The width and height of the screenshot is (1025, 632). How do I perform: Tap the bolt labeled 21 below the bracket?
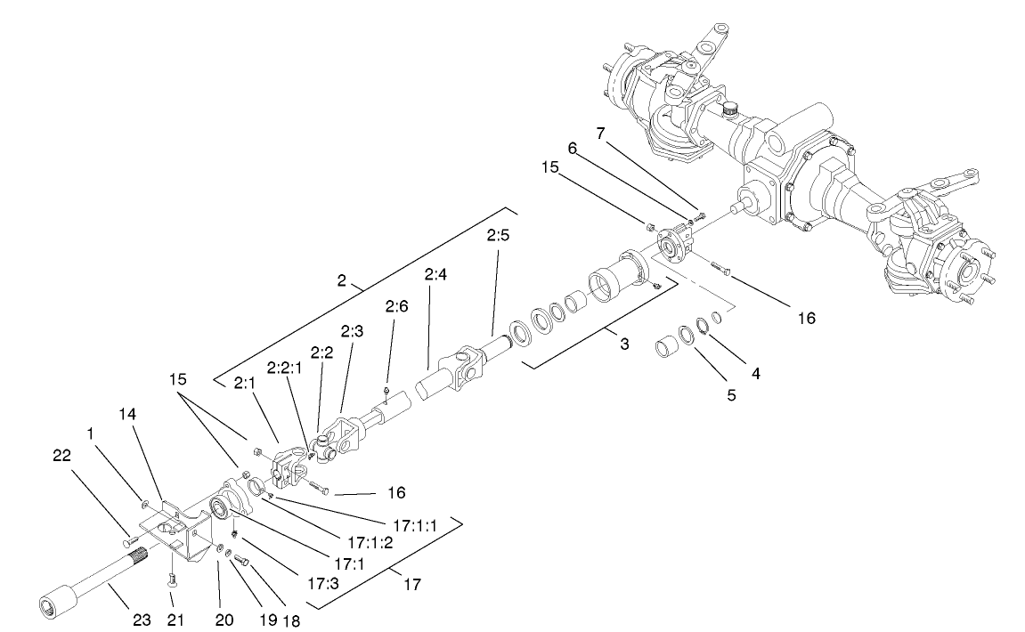(x=171, y=580)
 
